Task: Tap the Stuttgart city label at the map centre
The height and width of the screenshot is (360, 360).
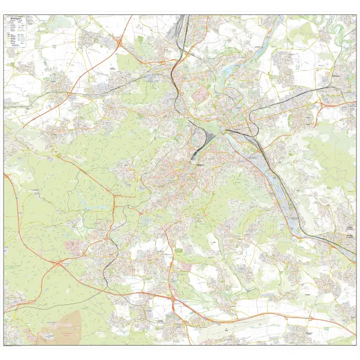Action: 200,163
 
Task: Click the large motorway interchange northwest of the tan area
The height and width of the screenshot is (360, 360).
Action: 58,263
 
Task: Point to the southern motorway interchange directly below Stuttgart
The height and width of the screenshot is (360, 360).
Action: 173,298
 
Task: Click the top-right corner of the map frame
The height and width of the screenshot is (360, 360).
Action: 356,16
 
